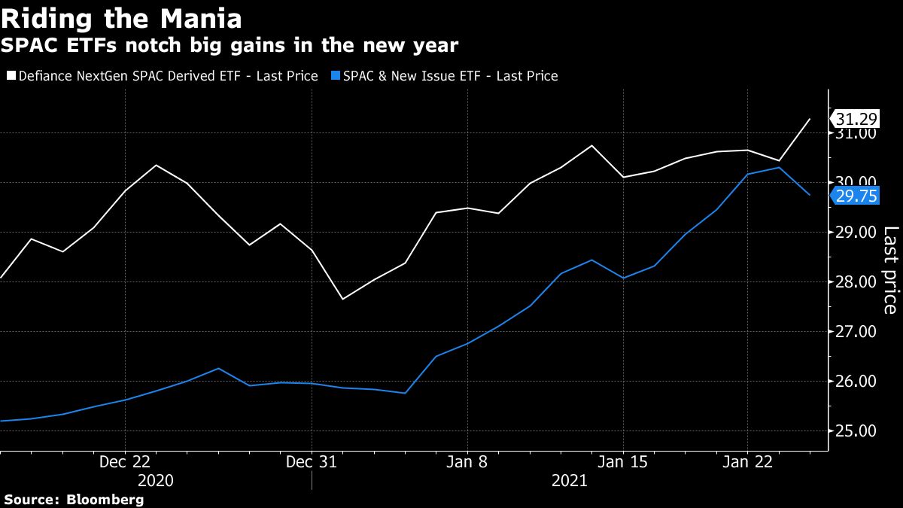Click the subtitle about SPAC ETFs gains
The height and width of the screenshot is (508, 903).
pos(230,45)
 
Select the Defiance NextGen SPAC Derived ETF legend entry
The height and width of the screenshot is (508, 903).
pos(162,76)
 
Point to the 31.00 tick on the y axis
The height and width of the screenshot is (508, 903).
pos(856,133)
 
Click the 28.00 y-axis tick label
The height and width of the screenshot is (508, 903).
pos(856,282)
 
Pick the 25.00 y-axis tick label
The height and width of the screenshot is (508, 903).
pos(856,431)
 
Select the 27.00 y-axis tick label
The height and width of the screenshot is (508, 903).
pos(856,332)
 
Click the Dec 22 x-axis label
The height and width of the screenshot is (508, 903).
pos(125,462)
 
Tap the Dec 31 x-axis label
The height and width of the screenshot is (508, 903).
pos(312,462)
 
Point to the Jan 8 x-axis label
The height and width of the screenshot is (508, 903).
pos(467,462)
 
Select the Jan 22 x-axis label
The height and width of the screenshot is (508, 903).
pos(747,462)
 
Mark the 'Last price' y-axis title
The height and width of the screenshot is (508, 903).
pos(889,270)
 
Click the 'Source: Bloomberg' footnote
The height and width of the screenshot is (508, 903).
pos(74,499)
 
